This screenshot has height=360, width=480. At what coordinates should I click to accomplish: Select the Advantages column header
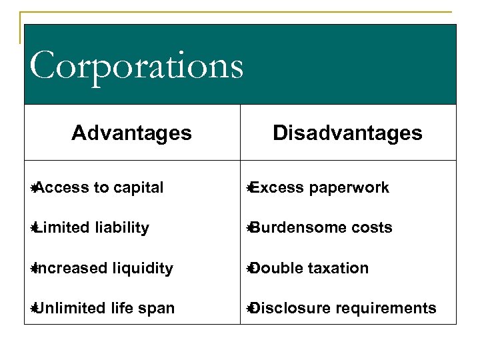tap(131, 133)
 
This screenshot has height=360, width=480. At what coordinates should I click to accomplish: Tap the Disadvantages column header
tap(347, 133)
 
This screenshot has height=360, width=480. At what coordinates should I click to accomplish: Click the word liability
tap(122, 228)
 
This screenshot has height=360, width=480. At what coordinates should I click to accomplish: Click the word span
tap(159, 309)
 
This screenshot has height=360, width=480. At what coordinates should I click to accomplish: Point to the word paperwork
tap(349, 188)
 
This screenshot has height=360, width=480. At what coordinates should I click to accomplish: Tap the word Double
tap(274, 268)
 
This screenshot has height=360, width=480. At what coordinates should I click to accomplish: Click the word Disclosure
tap(284, 308)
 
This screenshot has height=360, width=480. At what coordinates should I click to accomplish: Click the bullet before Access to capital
tap(33, 188)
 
